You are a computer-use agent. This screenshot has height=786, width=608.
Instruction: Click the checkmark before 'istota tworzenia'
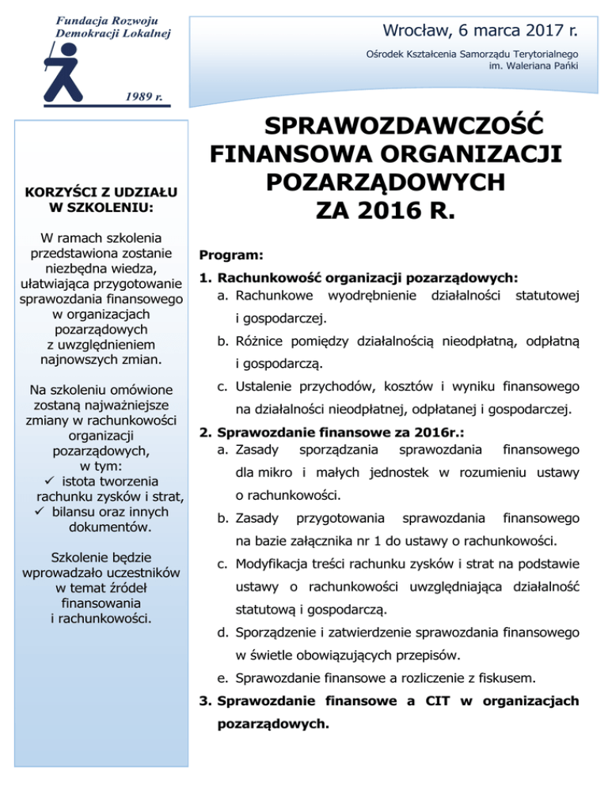(50, 481)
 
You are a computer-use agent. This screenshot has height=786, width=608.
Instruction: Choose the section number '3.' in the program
(206, 700)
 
